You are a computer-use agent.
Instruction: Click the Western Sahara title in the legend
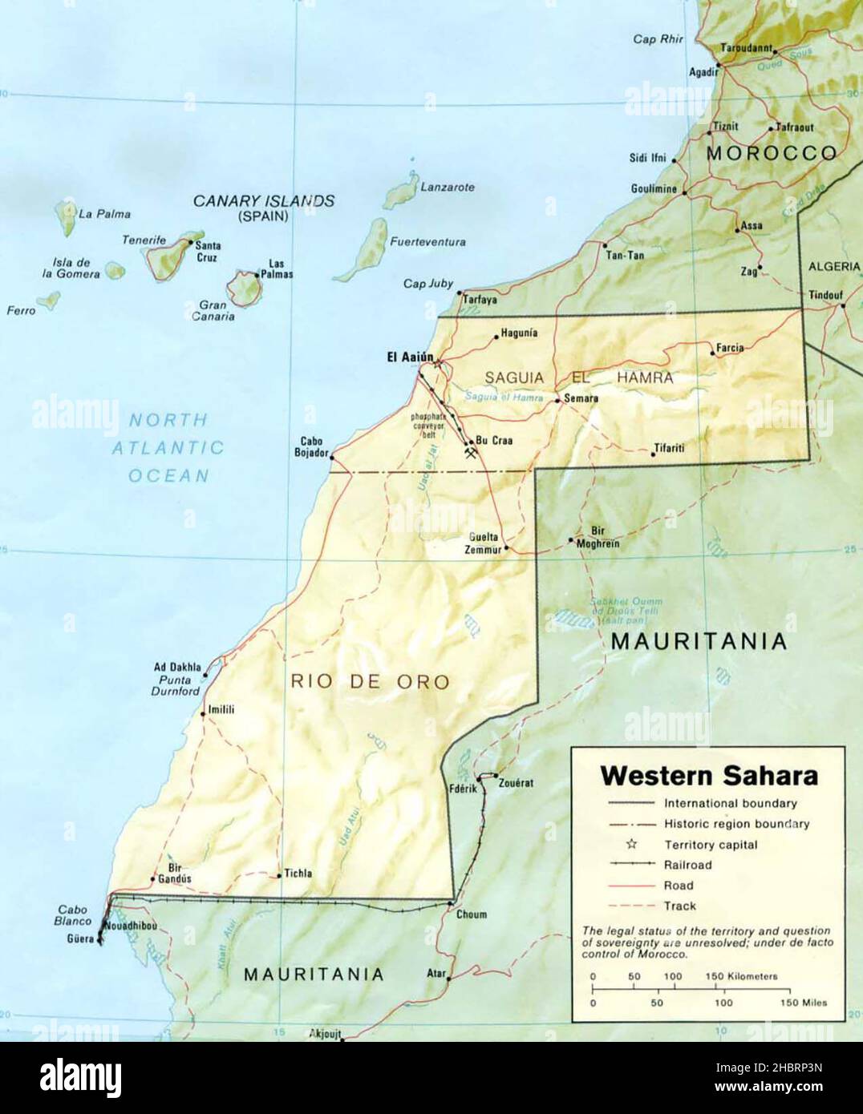[x=709, y=776]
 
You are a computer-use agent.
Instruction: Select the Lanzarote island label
[x=448, y=187]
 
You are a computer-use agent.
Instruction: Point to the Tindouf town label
[x=826, y=294]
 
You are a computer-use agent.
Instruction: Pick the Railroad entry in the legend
[x=687, y=865]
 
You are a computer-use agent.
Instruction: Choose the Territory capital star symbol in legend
[x=631, y=844]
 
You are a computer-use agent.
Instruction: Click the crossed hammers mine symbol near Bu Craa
[x=472, y=454]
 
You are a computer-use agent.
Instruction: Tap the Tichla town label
[x=298, y=874]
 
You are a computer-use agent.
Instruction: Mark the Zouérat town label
[x=516, y=783]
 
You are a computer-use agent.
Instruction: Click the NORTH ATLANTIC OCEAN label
[x=168, y=447]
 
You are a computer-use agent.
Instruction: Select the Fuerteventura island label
[x=427, y=241]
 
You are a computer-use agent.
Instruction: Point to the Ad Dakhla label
[x=177, y=668]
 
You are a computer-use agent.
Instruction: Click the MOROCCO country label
[x=772, y=152]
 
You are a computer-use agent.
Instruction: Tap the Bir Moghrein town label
[x=598, y=537]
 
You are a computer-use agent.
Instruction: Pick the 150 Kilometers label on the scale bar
[x=741, y=976]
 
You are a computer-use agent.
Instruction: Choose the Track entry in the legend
[x=680, y=906]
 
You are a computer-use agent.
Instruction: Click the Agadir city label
[x=703, y=72]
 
